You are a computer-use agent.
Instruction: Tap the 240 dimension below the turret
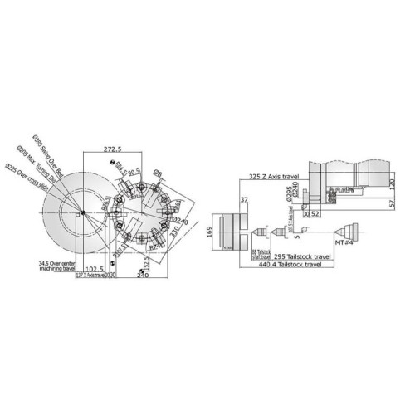click(x=143, y=276)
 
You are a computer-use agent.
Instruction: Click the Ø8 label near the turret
click(x=159, y=174)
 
